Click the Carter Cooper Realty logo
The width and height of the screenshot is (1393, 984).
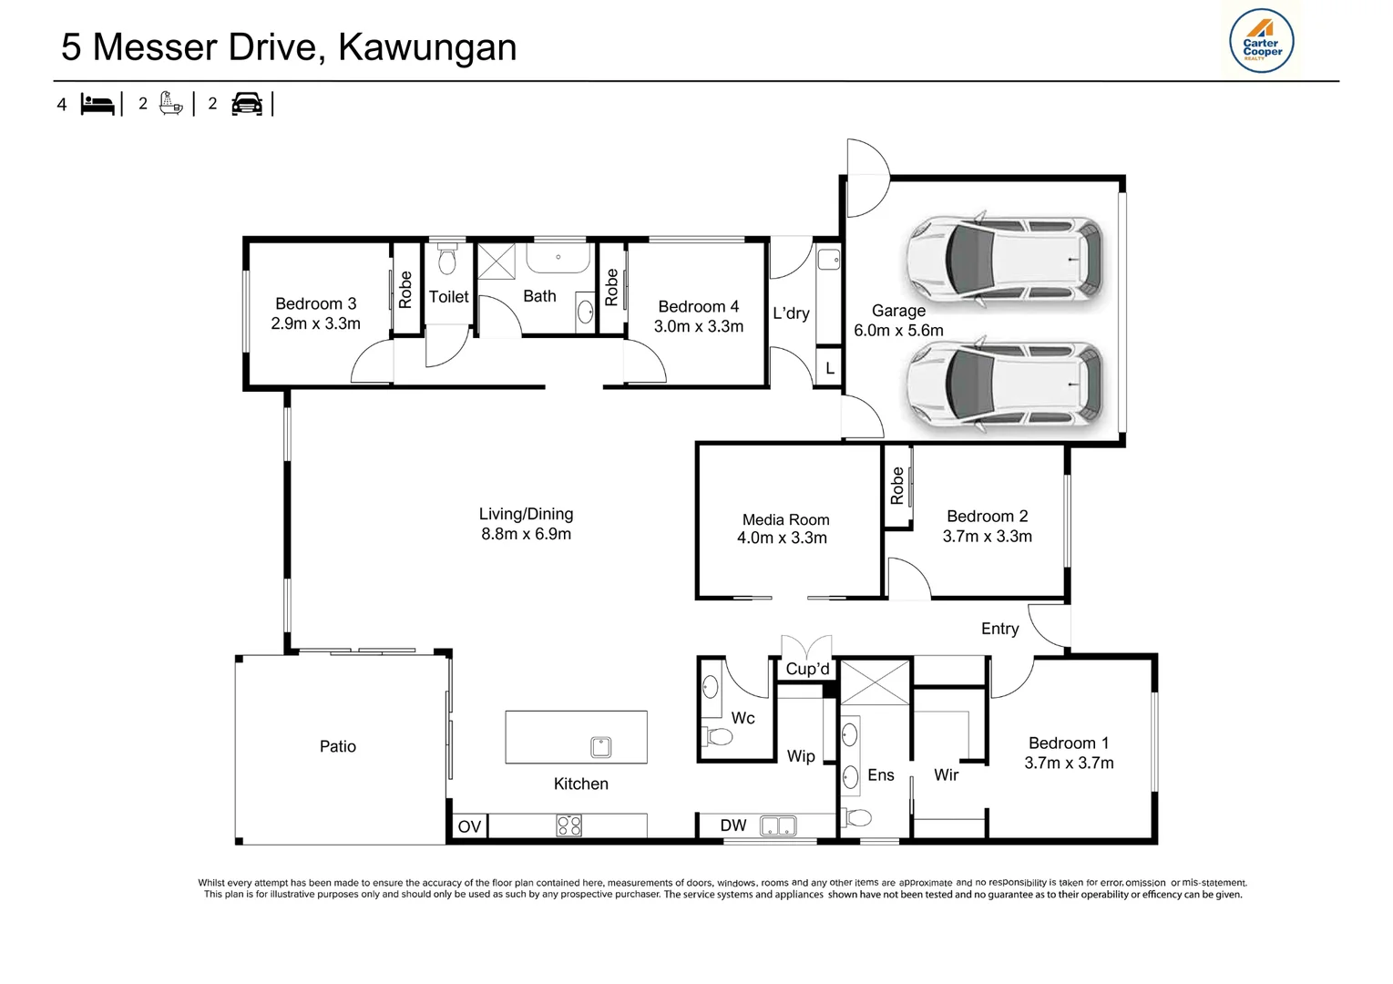click(x=1261, y=41)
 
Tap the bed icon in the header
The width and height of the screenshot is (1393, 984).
click(x=97, y=104)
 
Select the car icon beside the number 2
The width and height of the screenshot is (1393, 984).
click(x=247, y=104)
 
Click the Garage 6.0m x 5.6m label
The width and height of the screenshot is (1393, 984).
click(x=898, y=321)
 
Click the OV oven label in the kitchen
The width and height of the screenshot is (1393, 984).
click(x=469, y=826)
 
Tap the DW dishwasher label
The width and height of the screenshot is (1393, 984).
click(x=732, y=825)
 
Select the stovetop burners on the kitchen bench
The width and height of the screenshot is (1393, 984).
click(x=569, y=825)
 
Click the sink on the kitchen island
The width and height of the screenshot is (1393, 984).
click(x=600, y=747)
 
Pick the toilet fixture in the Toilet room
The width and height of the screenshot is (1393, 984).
click(x=447, y=259)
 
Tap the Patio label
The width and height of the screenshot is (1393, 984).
click(x=338, y=746)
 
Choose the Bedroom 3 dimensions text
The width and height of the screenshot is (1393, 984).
click(x=315, y=323)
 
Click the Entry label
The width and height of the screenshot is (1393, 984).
click(x=1000, y=629)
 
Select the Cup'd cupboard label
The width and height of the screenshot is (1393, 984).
click(x=807, y=669)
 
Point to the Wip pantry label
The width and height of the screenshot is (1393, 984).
click(x=800, y=756)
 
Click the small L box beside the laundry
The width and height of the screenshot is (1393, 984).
click(x=830, y=368)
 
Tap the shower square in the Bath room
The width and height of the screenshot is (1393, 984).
click(x=497, y=261)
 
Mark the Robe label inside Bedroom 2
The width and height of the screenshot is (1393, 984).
click(x=896, y=485)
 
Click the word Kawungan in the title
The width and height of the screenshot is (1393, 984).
click(x=427, y=47)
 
